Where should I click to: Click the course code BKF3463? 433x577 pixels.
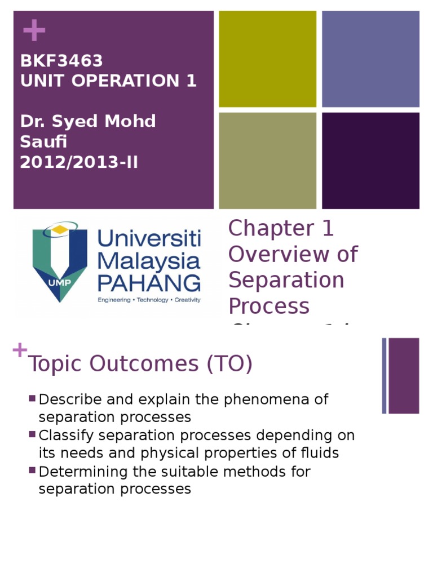61,60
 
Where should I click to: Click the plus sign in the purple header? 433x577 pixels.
34,30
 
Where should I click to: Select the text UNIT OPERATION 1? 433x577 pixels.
108,81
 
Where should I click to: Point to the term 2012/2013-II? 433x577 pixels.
79,162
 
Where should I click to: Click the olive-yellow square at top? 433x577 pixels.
267,59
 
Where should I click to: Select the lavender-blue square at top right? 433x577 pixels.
370,59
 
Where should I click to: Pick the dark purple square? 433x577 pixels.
370,161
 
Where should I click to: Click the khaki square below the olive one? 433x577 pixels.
267,161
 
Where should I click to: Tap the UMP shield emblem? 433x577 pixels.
60,261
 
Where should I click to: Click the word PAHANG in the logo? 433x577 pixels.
149,282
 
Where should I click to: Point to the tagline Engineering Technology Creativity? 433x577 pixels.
149,300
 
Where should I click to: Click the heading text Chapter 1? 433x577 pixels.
281,229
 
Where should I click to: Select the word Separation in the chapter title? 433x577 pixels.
286,280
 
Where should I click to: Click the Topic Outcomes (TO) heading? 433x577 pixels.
140,365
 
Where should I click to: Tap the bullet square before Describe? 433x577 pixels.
32,399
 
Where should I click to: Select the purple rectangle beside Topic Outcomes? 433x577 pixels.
404,375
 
